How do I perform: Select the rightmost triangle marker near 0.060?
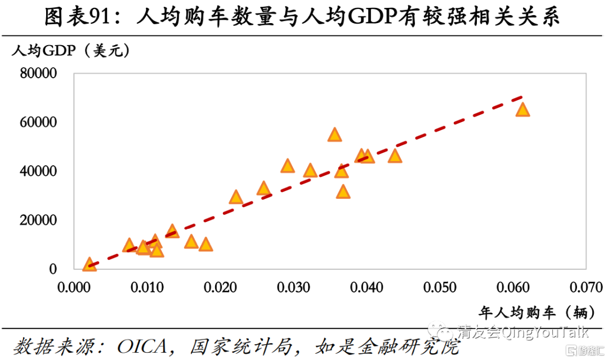(523, 109)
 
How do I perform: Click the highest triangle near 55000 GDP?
(335, 135)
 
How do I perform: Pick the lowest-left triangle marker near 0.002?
(89, 264)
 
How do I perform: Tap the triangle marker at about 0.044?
(395, 155)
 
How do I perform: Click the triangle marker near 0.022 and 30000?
(236, 197)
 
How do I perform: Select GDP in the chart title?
(369, 18)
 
